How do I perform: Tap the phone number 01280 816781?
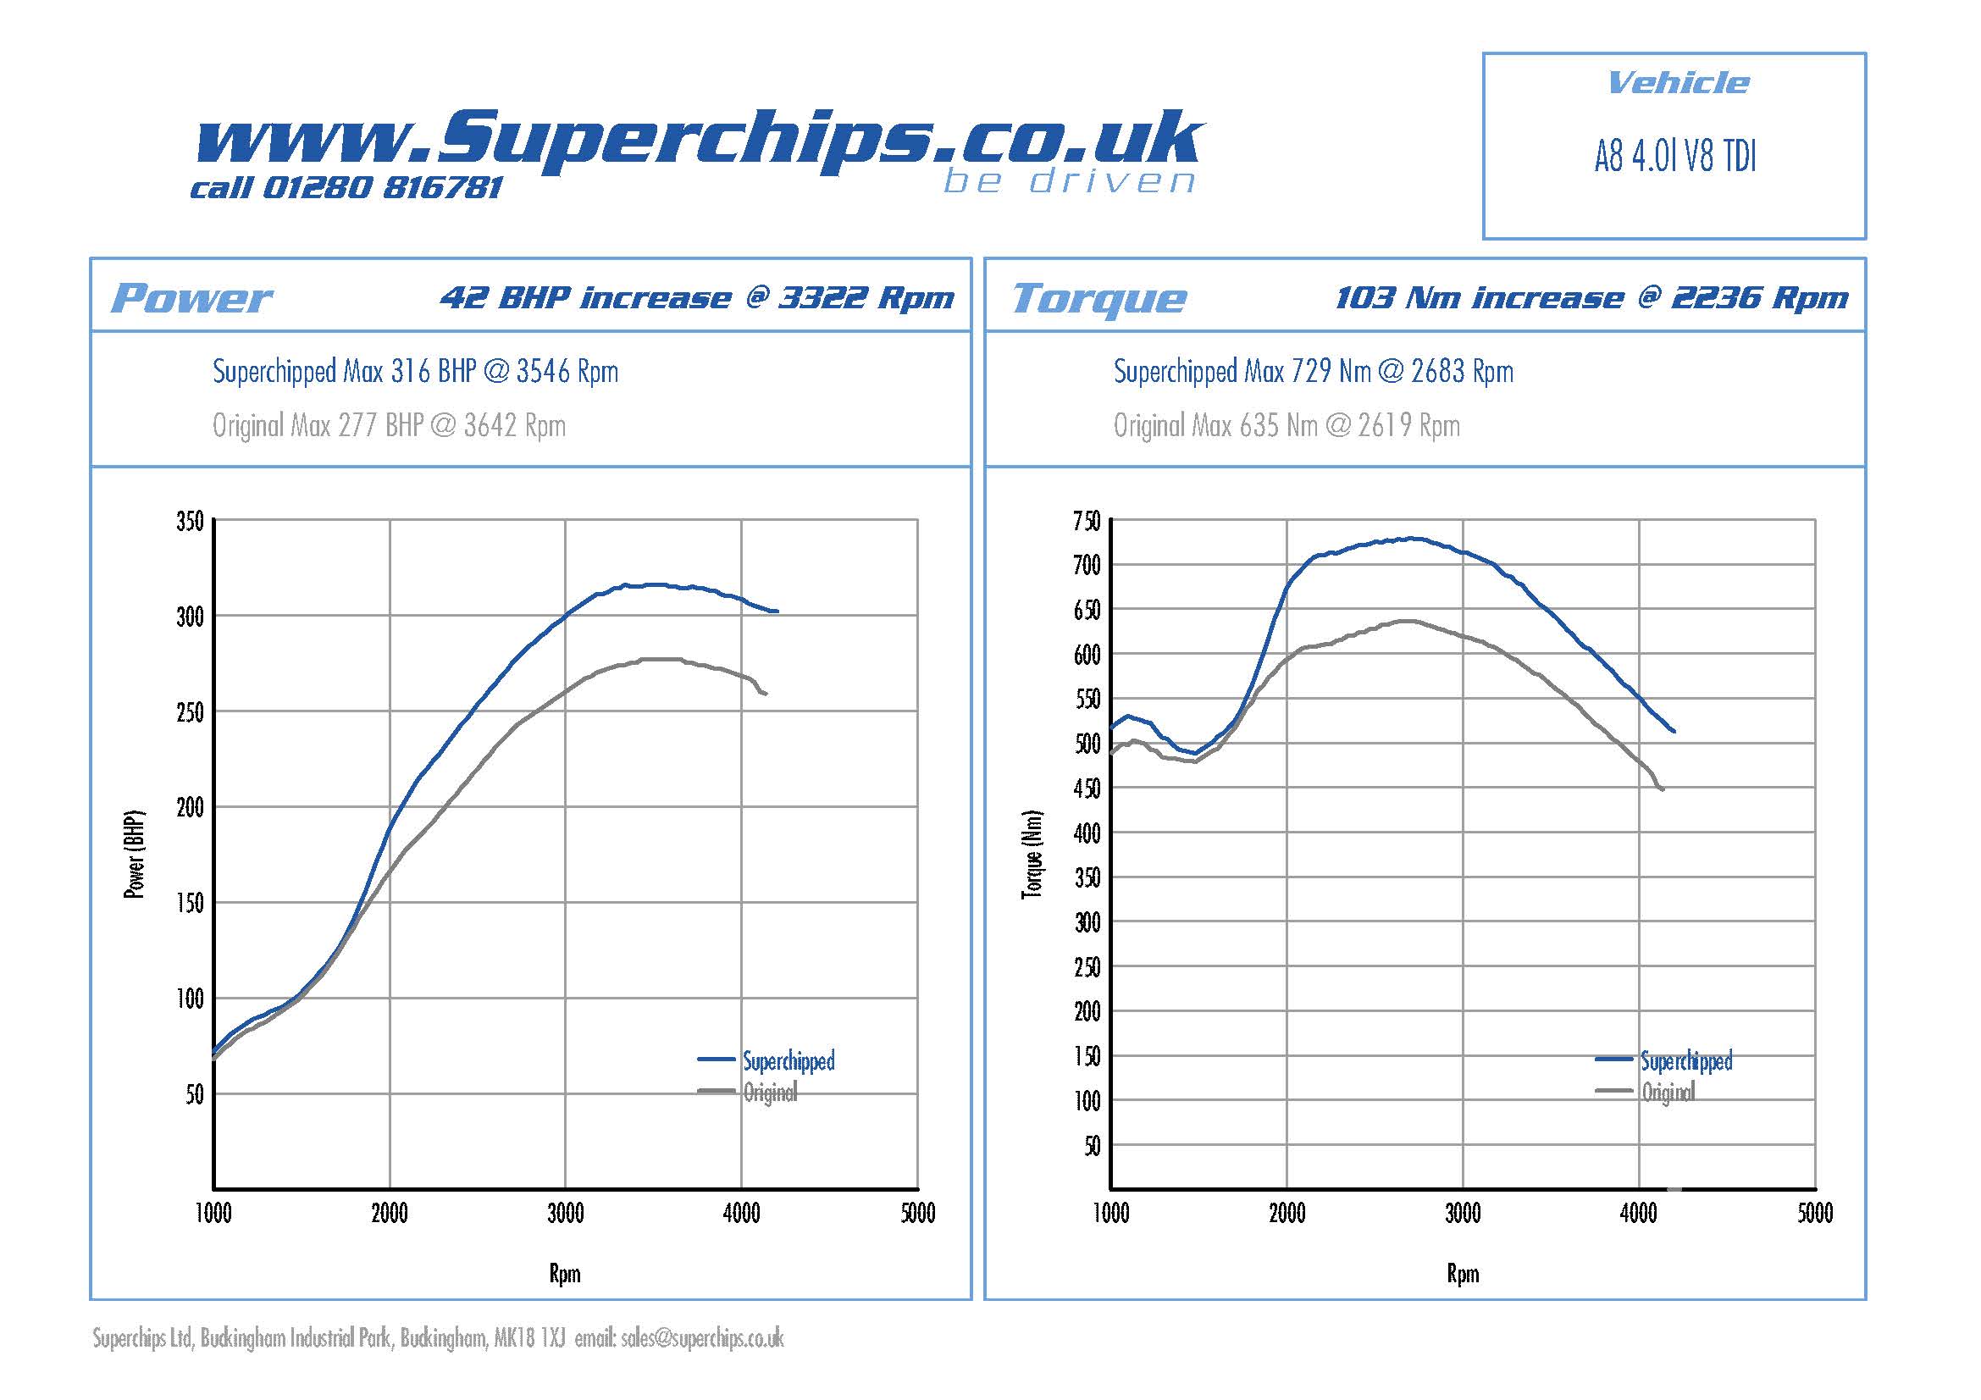pos(380,188)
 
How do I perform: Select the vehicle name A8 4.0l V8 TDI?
pos(1674,157)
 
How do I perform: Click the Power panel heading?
pos(191,298)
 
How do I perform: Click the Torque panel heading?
pos(1099,298)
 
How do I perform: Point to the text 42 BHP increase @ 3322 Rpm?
pos(697,298)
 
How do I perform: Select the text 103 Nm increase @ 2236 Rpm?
pos(1591,298)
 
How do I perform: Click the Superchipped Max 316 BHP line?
pos(415,372)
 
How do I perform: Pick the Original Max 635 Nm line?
pos(1287,426)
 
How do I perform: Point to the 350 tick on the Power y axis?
pos(190,522)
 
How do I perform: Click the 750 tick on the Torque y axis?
pos(1087,522)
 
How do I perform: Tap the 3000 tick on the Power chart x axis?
pos(565,1214)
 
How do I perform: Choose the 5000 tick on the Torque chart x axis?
pos(1814,1214)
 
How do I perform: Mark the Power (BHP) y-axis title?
pos(135,854)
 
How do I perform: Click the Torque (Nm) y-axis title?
pos(1032,854)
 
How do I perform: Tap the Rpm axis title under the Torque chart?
pos(1463,1274)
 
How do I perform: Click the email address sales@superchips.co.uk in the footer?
pos(702,1339)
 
